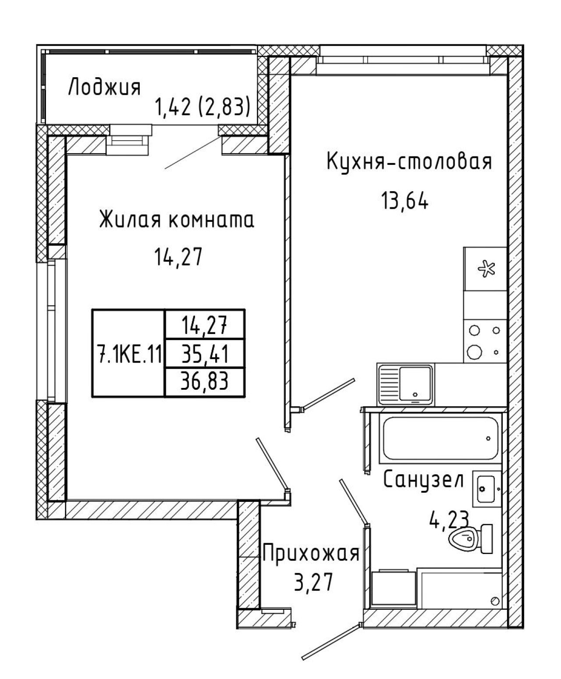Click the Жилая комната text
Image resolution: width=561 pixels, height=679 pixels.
click(x=177, y=220)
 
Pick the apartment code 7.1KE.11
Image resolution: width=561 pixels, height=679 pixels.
click(x=129, y=354)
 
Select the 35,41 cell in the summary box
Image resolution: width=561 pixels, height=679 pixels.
click(x=205, y=353)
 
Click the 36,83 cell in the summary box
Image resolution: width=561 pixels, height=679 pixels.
click(x=205, y=381)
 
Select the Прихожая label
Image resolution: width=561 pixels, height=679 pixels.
click(x=311, y=554)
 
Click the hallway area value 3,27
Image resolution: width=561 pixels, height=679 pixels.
click(x=313, y=582)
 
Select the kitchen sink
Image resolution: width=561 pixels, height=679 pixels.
click(x=405, y=384)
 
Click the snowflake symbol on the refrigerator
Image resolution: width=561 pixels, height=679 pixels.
click(x=486, y=269)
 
